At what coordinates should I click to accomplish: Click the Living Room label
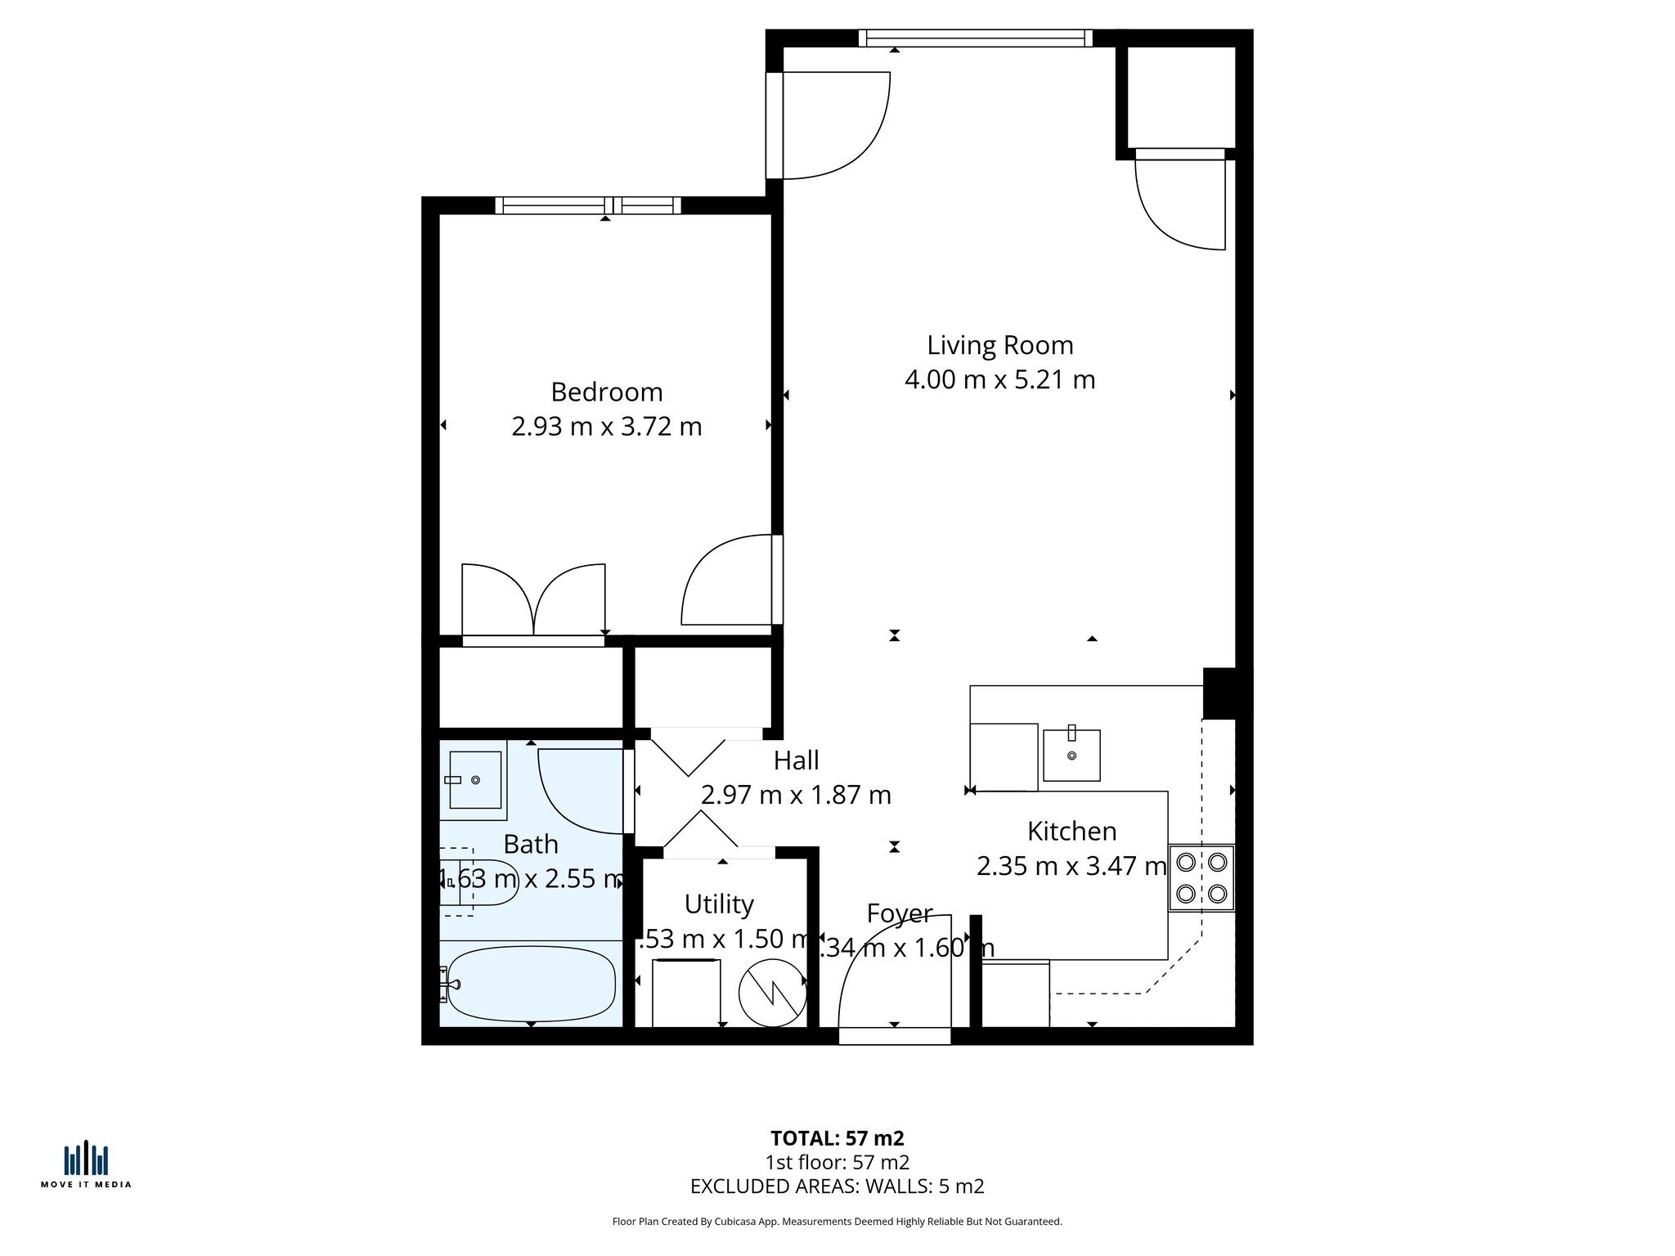[999, 345]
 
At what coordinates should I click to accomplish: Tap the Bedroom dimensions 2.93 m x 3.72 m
[606, 427]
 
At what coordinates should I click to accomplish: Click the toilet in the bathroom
[483, 882]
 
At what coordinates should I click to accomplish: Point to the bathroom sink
[474, 779]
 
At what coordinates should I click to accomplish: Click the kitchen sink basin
[1071, 755]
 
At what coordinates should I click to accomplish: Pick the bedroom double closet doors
[533, 601]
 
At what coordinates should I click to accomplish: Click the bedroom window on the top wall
[588, 205]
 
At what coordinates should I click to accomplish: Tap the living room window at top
[975, 38]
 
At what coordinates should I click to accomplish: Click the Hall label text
[796, 760]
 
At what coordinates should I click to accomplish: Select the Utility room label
[719, 904]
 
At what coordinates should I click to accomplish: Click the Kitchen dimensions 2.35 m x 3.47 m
[1071, 866]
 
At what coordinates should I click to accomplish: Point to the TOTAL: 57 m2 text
[837, 1138]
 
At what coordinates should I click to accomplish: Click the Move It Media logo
[86, 1164]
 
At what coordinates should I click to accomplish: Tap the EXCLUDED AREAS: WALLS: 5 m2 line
[837, 1186]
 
